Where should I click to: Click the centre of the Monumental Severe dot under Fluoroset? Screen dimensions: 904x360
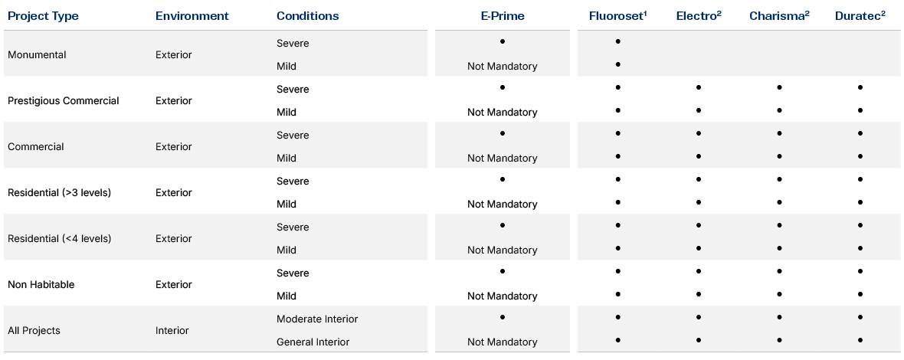coord(617,41)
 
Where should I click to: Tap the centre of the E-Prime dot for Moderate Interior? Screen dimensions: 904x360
coord(503,317)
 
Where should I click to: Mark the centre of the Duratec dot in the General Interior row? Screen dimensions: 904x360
coord(860,340)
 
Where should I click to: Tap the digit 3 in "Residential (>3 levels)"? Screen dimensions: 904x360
coord(77,193)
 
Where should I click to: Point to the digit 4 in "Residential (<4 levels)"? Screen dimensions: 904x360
coord(77,239)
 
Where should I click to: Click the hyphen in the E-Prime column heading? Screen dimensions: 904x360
coord(493,17)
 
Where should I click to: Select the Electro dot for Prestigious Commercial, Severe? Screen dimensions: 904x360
coord(698,87)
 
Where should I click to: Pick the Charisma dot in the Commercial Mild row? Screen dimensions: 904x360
coord(779,157)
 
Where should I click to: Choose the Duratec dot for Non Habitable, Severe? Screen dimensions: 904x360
coord(860,271)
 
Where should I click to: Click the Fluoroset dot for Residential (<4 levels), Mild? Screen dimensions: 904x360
coord(617,248)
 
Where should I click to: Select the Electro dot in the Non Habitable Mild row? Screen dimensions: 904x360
coord(698,294)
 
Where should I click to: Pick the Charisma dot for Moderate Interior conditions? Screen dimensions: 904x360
coord(779,317)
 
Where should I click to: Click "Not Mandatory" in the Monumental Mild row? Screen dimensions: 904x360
coord(502,66)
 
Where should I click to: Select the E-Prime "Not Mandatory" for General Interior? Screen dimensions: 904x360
coord(502,342)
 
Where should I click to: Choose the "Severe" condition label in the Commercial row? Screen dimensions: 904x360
coord(293,136)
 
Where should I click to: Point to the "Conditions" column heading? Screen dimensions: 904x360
coord(308,16)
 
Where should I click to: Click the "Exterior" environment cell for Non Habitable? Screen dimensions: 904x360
coord(174,284)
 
